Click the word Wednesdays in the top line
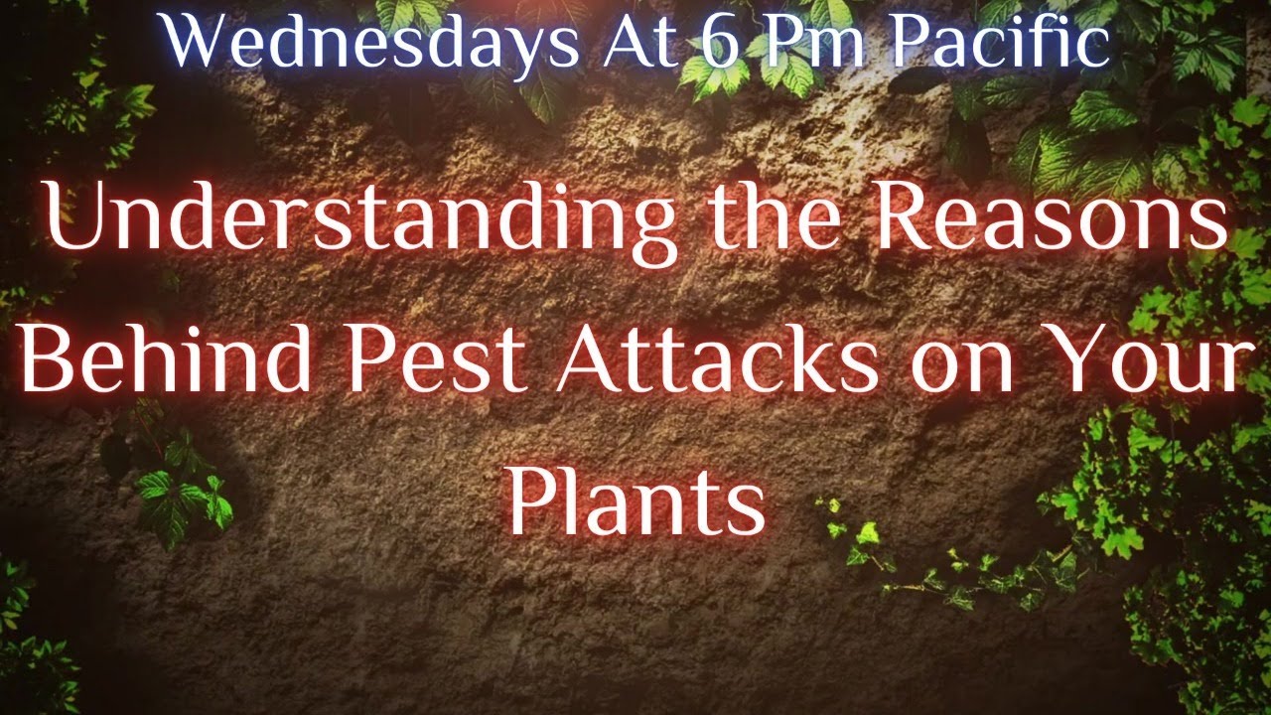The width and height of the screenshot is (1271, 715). (x=369, y=45)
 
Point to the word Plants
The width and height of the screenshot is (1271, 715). (x=636, y=502)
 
